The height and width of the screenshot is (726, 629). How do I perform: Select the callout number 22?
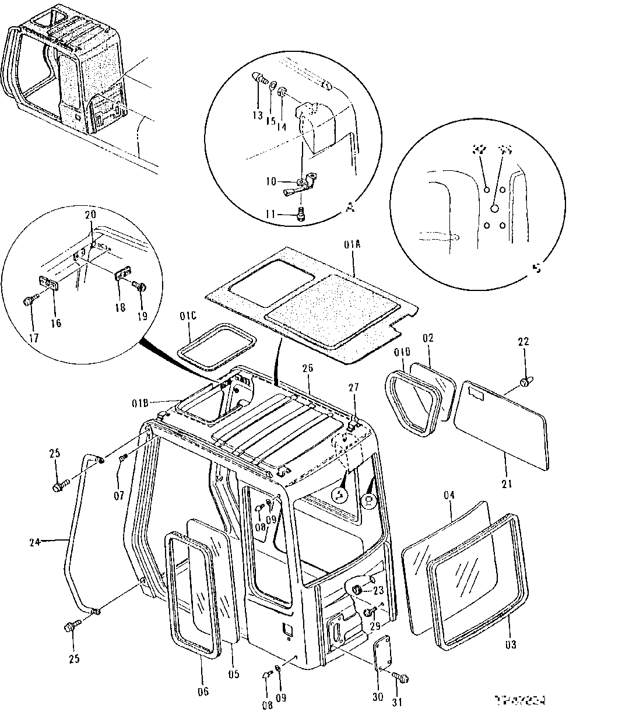click(523, 342)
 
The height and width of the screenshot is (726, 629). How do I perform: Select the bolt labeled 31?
click(402, 678)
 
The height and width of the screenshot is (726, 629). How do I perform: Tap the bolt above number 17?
click(29, 301)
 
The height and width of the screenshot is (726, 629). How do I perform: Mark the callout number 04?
click(449, 496)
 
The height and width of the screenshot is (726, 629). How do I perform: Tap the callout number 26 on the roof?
click(308, 368)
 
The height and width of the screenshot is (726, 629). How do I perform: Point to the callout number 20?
click(89, 214)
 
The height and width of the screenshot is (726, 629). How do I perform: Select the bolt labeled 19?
click(141, 286)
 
